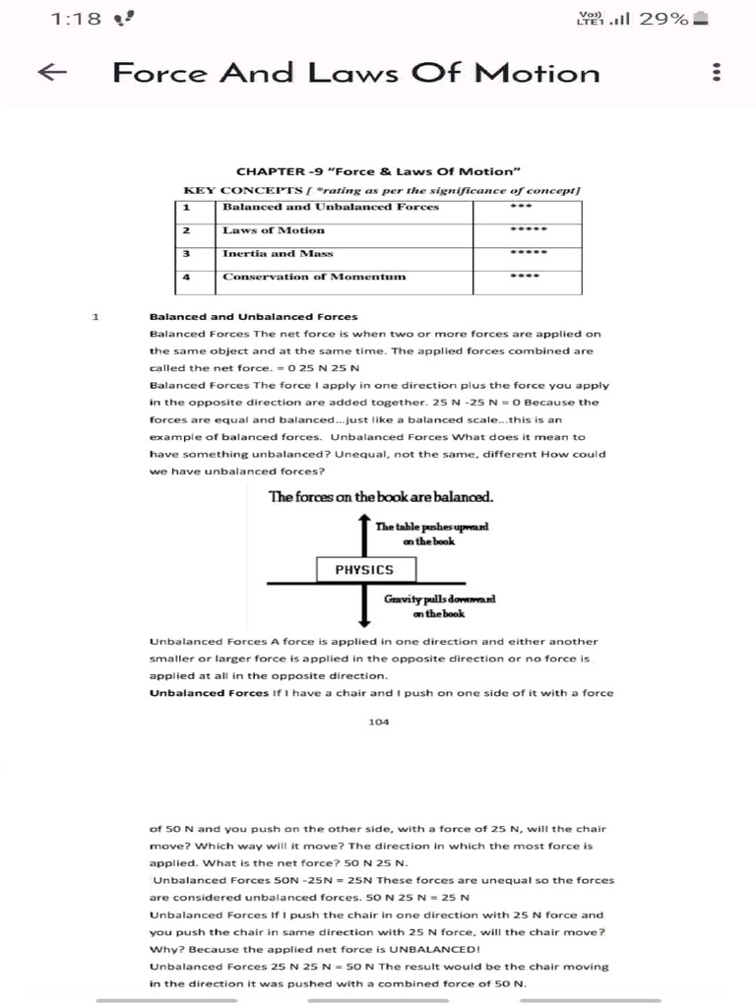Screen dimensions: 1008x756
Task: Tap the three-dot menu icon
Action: pos(717,73)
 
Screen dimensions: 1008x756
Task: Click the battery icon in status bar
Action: pos(700,19)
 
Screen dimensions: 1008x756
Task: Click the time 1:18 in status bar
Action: pos(75,19)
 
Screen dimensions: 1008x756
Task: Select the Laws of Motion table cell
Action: pos(274,230)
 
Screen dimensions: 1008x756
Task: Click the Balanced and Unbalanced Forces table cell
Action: pos(331,207)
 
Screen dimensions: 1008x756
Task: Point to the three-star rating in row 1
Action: pos(521,207)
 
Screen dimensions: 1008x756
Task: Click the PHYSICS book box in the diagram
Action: pos(364,570)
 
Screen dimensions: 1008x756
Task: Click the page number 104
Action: pos(378,723)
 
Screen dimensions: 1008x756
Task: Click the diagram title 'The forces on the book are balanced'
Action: pos(381,497)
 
